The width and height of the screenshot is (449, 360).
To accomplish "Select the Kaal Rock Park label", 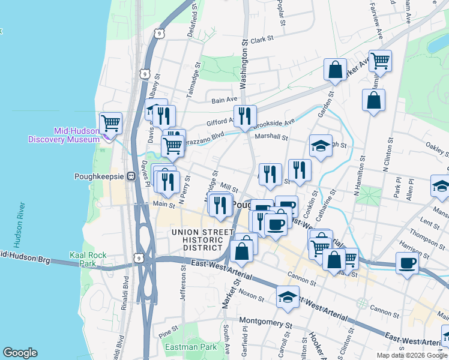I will pyautogui.click(x=88, y=259).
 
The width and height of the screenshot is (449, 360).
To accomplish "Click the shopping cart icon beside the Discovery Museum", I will pyautogui.click(x=111, y=124).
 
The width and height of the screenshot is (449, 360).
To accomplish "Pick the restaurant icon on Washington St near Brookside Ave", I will pyautogui.click(x=245, y=116).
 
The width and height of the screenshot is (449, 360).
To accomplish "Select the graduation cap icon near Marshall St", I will pyautogui.click(x=321, y=146).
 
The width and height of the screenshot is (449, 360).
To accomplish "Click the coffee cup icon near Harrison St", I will pyautogui.click(x=407, y=263).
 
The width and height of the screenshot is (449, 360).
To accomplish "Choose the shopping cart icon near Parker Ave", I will pyautogui.click(x=380, y=61).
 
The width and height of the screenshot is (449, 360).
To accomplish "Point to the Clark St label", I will pyautogui.click(x=262, y=38).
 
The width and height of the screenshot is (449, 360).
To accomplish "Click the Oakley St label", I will pyautogui.click(x=437, y=147).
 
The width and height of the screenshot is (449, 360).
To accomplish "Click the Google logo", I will pyautogui.click(x=20, y=353).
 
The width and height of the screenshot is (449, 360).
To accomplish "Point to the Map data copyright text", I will pyautogui.click(x=411, y=355).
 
